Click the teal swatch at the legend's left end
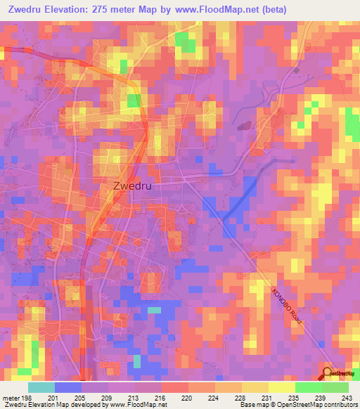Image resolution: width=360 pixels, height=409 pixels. (x=41, y=387)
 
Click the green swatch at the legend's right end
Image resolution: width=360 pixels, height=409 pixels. (x=335, y=387)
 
